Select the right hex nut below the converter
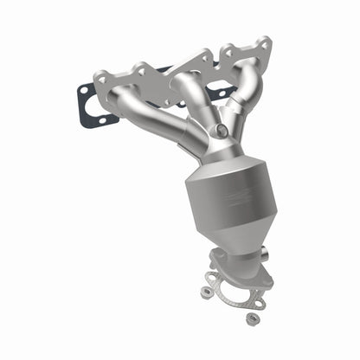[252, 318]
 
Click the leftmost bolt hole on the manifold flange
[103, 76]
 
